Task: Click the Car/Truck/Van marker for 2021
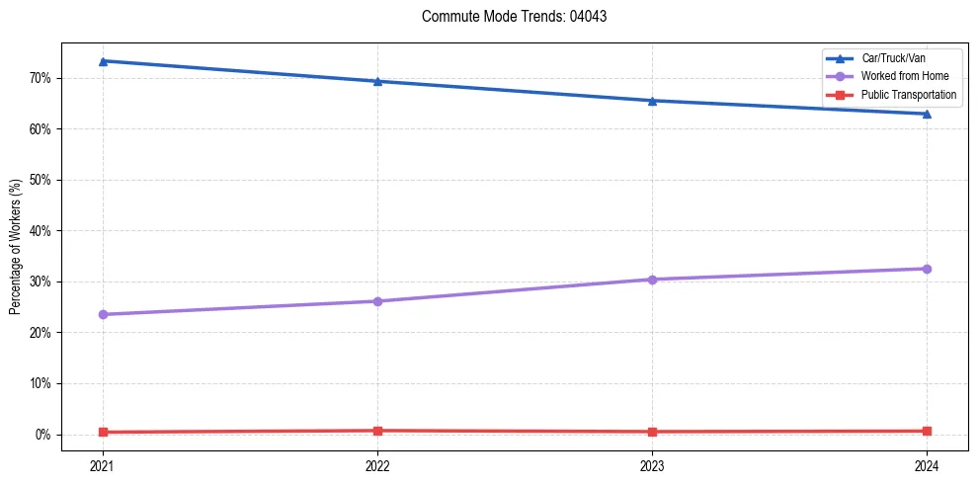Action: pos(103,61)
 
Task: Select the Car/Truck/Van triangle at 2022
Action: pos(377,81)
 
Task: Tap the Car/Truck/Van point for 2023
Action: pos(652,101)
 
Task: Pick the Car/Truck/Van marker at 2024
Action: pos(927,114)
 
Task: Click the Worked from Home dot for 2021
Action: pos(103,314)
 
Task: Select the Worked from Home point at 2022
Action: pos(377,301)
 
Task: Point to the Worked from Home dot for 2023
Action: pos(652,280)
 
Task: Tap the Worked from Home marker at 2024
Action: pos(927,269)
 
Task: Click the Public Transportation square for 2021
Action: pos(103,432)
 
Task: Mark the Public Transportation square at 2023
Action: pos(652,432)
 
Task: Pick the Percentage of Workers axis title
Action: pos(16,247)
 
